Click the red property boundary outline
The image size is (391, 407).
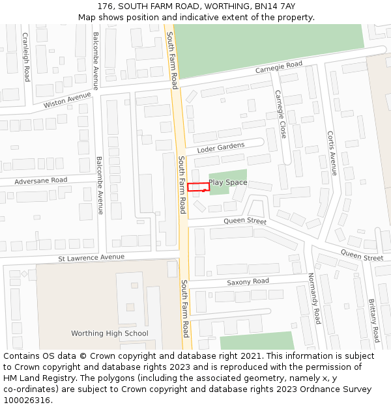[x=198, y=188]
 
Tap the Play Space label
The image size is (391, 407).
[x=227, y=183]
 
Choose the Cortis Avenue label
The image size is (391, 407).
[x=332, y=153]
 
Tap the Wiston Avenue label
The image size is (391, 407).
[x=67, y=100]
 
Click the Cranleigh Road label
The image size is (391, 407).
[x=26, y=57]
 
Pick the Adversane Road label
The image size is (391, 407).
[x=40, y=180]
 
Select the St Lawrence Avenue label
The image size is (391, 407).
[x=91, y=257]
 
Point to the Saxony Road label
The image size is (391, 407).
[x=248, y=282]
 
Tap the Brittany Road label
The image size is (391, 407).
[x=373, y=320]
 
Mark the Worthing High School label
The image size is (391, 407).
[x=109, y=333]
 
